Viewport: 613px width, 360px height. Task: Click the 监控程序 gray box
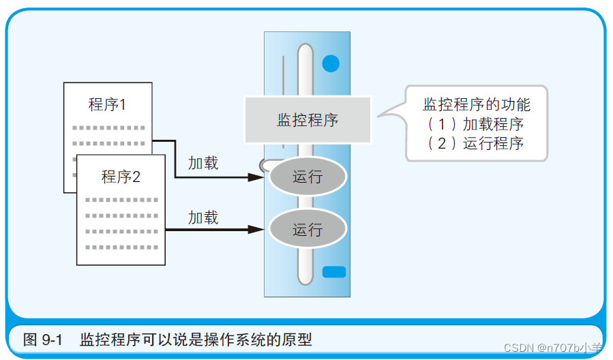pyautogui.click(x=308, y=120)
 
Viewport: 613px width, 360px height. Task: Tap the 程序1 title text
pyautogui.click(x=108, y=104)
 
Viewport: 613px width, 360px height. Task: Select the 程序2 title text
pyautogui.click(x=121, y=177)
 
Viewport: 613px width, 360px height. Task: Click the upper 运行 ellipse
pyautogui.click(x=308, y=177)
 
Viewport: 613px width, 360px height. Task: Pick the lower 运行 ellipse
pyautogui.click(x=308, y=230)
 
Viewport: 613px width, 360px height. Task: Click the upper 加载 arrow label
pyautogui.click(x=203, y=163)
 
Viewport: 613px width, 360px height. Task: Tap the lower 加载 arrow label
pyautogui.click(x=203, y=217)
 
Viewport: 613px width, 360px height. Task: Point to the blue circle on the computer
pyautogui.click(x=331, y=64)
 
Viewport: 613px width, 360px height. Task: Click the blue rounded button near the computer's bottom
pyautogui.click(x=334, y=271)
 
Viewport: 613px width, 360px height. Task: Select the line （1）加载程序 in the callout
pyautogui.click(x=475, y=124)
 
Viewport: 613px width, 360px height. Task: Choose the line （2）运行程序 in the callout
pyautogui.click(x=475, y=143)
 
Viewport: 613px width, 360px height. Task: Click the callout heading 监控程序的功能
pyautogui.click(x=477, y=104)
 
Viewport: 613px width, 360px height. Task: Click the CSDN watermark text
pyautogui.click(x=553, y=348)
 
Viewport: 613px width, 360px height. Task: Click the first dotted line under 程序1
pyautogui.click(x=108, y=127)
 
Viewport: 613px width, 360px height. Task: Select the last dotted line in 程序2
pyautogui.click(x=121, y=247)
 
